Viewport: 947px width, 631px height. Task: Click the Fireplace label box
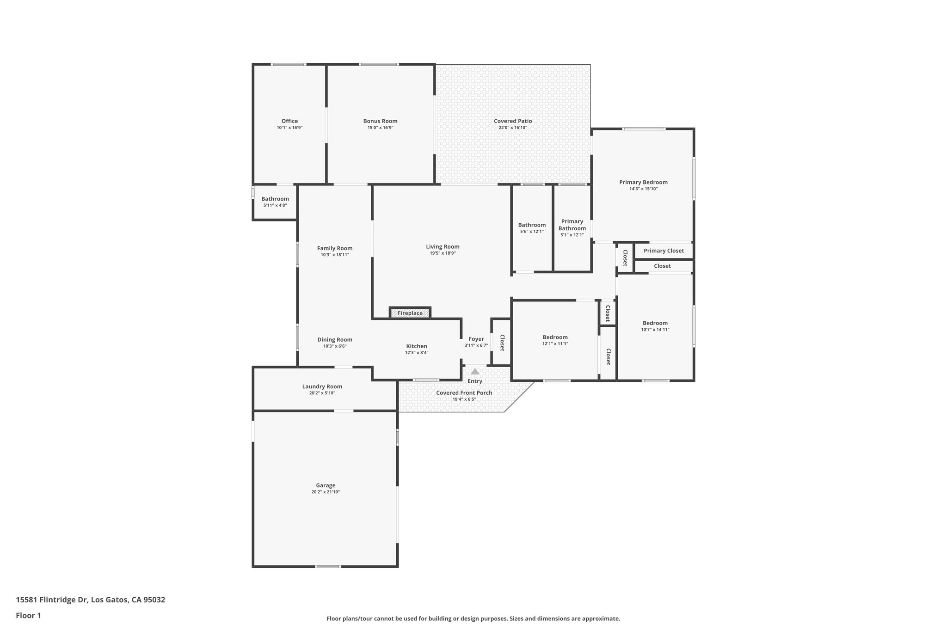tap(410, 313)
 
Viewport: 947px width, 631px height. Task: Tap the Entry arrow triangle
tap(475, 371)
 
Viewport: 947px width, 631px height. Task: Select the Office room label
tap(289, 121)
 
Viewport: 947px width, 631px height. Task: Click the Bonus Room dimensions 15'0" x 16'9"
tap(380, 128)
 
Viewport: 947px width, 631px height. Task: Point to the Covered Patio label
tap(513, 121)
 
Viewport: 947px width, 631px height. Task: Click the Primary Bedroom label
tap(643, 182)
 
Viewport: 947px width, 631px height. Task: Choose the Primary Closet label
tap(664, 251)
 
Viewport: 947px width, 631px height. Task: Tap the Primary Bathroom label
tap(572, 225)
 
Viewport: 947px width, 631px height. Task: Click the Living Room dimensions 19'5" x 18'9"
tap(443, 253)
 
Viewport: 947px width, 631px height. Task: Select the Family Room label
tap(335, 248)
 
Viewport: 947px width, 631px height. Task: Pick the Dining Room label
tap(335, 340)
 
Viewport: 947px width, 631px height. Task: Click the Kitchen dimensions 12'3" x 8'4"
tap(417, 353)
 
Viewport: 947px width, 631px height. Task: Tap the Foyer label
tap(476, 339)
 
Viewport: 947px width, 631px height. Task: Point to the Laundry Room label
tap(322, 386)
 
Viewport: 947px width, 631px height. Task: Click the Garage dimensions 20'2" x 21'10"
tap(326, 492)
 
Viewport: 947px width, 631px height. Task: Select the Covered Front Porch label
tap(464, 393)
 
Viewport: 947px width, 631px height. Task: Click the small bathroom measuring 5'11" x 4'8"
tap(275, 202)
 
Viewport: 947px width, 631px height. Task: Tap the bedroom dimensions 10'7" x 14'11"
tap(655, 330)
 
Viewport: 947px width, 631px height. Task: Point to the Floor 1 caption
tap(29, 615)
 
